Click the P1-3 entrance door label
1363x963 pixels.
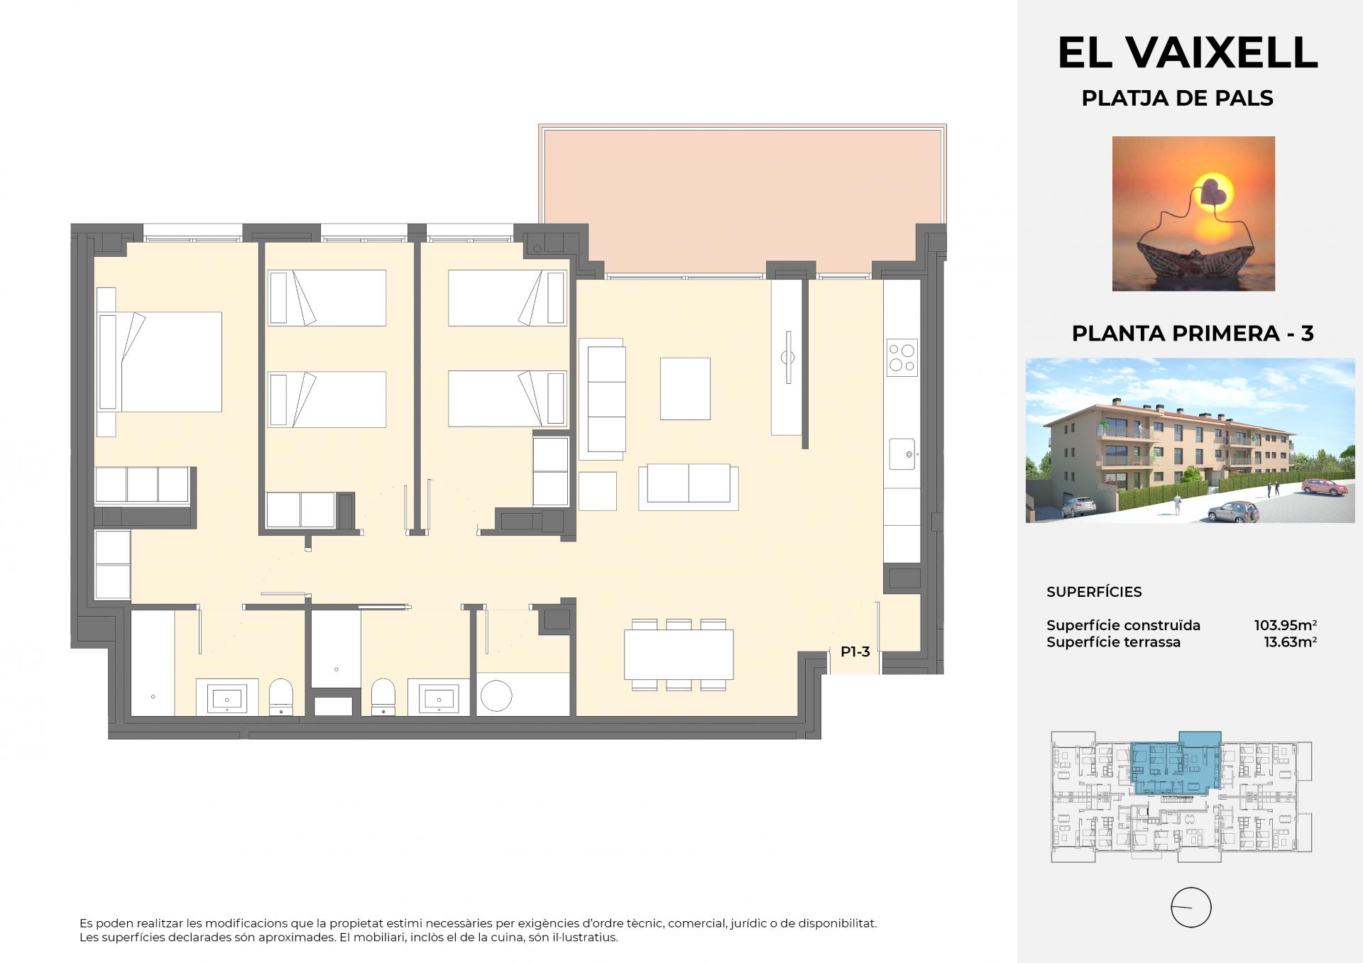[855, 651]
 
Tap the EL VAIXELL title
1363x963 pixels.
[1188, 52]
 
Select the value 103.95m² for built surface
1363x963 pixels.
[1286, 625]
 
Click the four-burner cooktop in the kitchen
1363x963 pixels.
[902, 358]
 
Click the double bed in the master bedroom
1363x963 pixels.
[159, 362]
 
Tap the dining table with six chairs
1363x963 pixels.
[679, 654]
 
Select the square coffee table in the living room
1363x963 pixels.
[685, 389]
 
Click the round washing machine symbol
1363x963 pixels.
[496, 696]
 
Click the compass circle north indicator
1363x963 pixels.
[1190, 908]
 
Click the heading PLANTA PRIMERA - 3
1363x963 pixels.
[1193, 333]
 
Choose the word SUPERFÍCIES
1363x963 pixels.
[1094, 592]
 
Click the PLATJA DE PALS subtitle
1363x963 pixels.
[1177, 98]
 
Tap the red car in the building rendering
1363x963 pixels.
[1325, 487]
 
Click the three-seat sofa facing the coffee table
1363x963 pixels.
[602, 399]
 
